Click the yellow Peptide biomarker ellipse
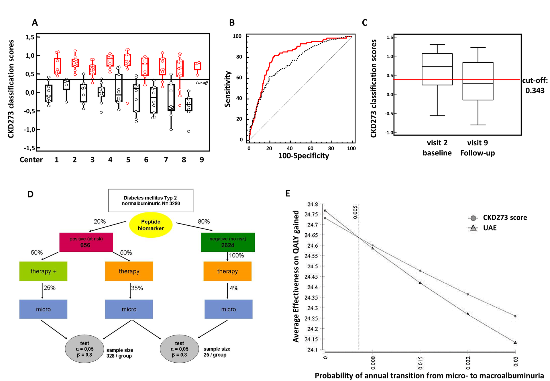pyautogui.click(x=151, y=225)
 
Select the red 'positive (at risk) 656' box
pyautogui.click(x=86, y=242)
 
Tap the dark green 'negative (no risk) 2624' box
pyautogui.click(x=228, y=242)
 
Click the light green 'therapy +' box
pyautogui.click(x=43, y=271)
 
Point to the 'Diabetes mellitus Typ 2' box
pyautogui.click(x=151, y=201)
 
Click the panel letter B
pyautogui.click(x=232, y=23)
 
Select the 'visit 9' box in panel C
pyautogui.click(x=478, y=81)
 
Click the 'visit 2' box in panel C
pyautogui.click(x=437, y=69)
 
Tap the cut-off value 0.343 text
pyautogui.click(x=535, y=91)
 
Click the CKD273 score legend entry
pyautogui.click(x=505, y=218)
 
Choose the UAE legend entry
pyautogui.click(x=490, y=228)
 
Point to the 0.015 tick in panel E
pyautogui.click(x=420, y=363)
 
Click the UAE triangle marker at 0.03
pyautogui.click(x=515, y=343)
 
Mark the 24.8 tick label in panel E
pyautogui.click(x=313, y=204)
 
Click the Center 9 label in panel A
pyautogui.click(x=202, y=160)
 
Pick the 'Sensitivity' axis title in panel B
pyautogui.click(x=227, y=89)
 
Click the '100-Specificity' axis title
pyautogui.click(x=304, y=156)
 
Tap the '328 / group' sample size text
pyautogui.click(x=119, y=356)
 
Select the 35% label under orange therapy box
pyautogui.click(x=137, y=288)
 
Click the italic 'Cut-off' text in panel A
pyautogui.click(x=202, y=83)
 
